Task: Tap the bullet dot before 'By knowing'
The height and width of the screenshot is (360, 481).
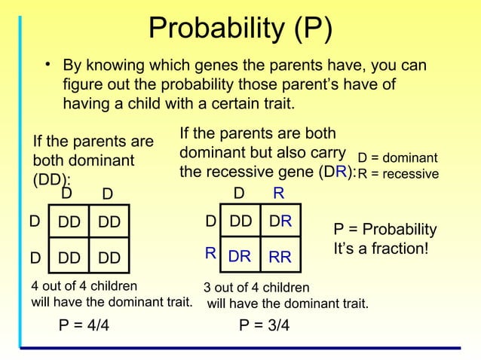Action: coord(47,66)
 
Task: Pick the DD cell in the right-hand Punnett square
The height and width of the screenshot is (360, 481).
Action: coord(240,221)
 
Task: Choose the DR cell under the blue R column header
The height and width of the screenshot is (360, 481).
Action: coord(280,221)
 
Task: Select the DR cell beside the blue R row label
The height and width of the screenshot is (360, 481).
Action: coord(240,257)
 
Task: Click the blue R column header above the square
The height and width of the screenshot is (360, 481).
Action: coord(278,194)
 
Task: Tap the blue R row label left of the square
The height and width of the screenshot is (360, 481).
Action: coord(210,254)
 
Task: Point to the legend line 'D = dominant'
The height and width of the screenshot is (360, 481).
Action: coord(397,159)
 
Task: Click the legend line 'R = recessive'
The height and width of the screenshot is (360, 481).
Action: coord(398,174)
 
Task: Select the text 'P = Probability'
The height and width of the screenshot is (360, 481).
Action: coord(384,229)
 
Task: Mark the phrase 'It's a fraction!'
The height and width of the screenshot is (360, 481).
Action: coord(381,246)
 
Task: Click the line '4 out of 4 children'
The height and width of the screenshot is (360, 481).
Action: coord(84,286)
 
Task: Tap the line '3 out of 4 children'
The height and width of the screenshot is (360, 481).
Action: coord(256,288)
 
